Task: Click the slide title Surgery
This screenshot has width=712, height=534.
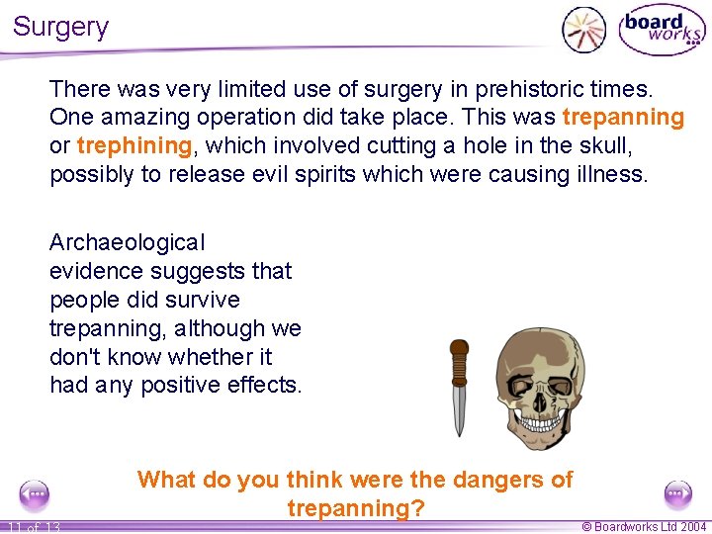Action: click(60, 27)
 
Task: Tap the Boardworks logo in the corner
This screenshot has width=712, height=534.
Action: click(662, 30)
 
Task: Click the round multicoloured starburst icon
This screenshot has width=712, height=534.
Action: click(583, 30)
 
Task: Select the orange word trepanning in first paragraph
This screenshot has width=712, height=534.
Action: click(623, 118)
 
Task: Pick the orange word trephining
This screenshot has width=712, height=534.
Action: click(133, 146)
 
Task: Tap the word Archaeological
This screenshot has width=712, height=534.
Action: click(128, 242)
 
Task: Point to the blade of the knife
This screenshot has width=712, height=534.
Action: click(459, 409)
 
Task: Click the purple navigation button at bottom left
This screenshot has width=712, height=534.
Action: click(35, 493)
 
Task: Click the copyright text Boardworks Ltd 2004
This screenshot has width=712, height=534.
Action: click(644, 527)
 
